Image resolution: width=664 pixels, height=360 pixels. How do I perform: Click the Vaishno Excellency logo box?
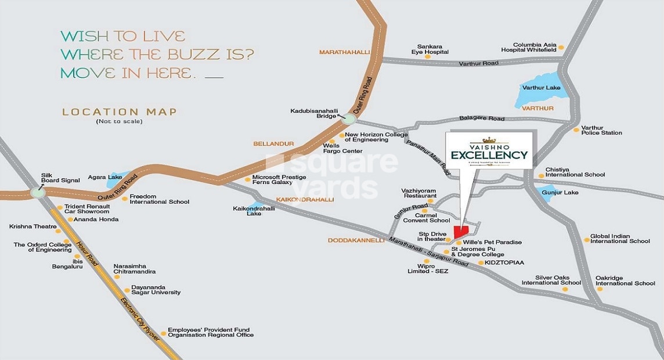[x=489, y=150]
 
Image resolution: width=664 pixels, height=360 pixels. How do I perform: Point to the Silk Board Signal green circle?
[x=38, y=192]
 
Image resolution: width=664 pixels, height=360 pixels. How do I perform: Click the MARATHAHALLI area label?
[x=344, y=52]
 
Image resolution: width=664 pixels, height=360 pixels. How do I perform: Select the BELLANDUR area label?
[x=274, y=143]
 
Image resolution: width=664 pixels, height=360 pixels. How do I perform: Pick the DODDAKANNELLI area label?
[x=356, y=240]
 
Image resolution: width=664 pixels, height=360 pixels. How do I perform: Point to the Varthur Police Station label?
[x=601, y=130]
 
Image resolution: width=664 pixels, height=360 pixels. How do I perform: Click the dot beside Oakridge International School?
[x=600, y=289]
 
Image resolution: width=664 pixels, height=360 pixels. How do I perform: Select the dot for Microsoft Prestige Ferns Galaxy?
[x=248, y=180]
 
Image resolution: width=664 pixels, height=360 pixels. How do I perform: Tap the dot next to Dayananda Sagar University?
[x=127, y=290]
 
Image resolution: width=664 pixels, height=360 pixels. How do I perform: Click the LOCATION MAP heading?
[x=119, y=111]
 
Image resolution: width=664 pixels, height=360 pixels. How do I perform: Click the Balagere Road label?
[x=482, y=118]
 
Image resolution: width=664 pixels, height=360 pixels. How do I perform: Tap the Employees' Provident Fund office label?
[x=211, y=333]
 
